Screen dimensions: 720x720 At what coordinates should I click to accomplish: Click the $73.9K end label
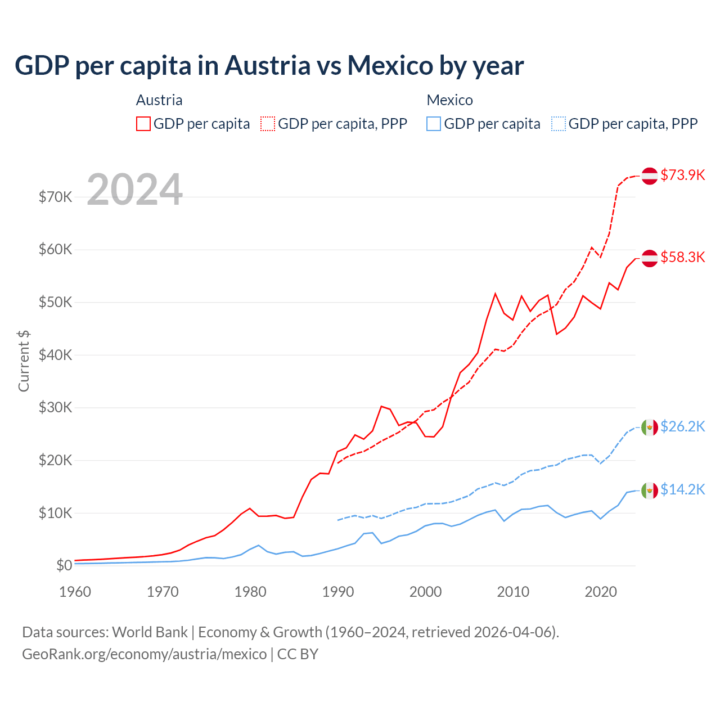point(682,175)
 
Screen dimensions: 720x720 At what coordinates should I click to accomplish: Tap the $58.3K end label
point(682,257)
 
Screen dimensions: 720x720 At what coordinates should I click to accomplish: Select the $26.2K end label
point(682,426)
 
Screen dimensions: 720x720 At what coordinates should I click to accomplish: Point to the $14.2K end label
point(682,489)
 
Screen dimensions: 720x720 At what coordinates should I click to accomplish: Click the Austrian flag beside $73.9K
point(650,175)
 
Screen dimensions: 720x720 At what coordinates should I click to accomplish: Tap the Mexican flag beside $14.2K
point(650,490)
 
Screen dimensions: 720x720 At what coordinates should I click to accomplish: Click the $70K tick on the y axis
point(55,197)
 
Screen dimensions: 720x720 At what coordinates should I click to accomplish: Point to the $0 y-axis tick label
point(64,565)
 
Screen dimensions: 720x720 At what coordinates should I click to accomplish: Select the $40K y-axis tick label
point(55,355)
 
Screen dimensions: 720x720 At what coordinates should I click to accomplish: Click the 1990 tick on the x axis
point(338,592)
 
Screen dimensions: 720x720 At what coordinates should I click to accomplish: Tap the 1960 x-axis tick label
point(75,592)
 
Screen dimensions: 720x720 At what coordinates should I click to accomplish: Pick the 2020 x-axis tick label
point(601,592)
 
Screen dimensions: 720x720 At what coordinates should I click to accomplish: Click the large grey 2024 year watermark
point(134,190)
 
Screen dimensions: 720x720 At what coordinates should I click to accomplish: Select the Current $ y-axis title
point(24,361)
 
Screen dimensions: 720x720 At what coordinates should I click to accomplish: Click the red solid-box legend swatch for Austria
point(143,124)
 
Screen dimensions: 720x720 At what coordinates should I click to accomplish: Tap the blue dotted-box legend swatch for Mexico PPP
point(559,124)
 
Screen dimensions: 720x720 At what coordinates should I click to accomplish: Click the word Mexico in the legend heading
point(449,100)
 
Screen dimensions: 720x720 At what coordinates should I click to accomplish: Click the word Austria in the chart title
point(267,65)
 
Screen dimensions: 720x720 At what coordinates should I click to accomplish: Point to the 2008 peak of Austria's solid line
point(496,294)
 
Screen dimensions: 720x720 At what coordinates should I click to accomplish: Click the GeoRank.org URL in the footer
point(145,654)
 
